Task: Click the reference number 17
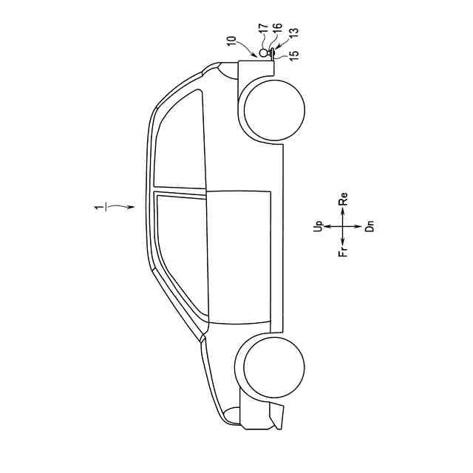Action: [x=264, y=28]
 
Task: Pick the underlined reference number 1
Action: [x=100, y=208]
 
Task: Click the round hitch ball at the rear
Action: [x=264, y=52]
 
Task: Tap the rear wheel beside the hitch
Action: [x=274, y=110]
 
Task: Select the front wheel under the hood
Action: [x=273, y=367]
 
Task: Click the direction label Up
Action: [x=318, y=226]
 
